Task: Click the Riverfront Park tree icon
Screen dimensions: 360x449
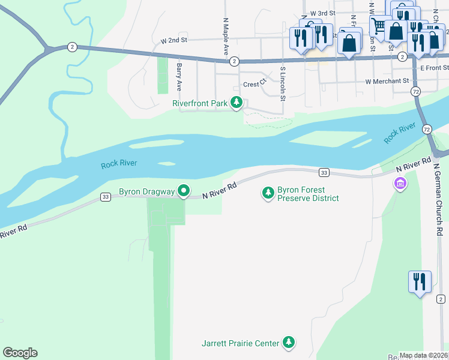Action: click(237, 103)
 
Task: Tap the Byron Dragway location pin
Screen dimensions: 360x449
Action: click(184, 191)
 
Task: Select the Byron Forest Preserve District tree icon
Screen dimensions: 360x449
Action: click(268, 193)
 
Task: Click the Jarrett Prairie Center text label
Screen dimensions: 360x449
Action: click(240, 343)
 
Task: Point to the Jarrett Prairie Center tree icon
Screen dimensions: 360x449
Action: click(289, 343)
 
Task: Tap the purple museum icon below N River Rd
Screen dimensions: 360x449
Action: click(400, 183)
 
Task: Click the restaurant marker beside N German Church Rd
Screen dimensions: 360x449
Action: click(419, 281)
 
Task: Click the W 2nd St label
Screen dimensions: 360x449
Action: click(174, 40)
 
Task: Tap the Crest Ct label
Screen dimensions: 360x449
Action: click(254, 85)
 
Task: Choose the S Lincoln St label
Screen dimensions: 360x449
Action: click(282, 80)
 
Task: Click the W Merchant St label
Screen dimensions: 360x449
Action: click(387, 81)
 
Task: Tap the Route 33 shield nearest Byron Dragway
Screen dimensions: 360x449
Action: click(106, 197)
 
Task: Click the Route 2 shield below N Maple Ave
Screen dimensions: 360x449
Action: click(234, 61)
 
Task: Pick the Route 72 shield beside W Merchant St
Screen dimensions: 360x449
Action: click(416, 91)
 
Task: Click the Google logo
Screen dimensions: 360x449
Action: click(20, 353)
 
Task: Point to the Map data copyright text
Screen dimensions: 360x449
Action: click(423, 356)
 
